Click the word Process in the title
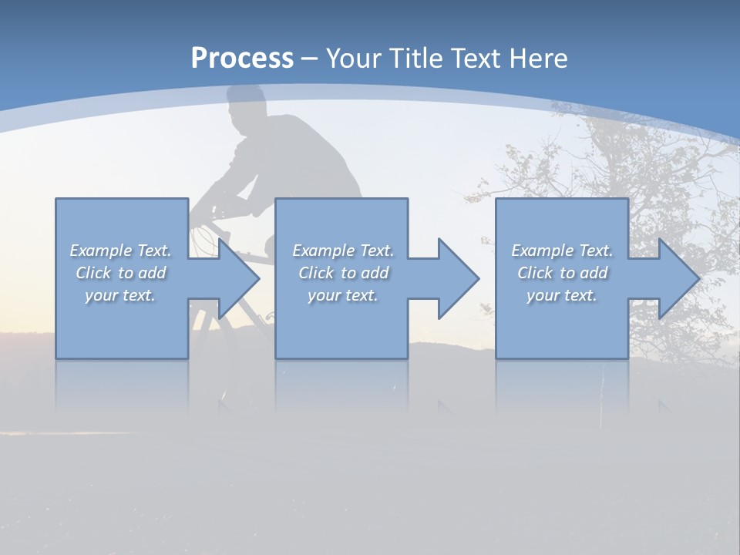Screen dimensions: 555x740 242,58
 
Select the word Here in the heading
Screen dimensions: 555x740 538,58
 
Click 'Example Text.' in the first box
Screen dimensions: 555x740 120,251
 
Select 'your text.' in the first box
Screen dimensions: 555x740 120,295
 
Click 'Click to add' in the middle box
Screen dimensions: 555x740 343,273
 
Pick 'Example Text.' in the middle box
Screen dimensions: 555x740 343,251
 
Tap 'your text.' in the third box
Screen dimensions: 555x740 562,295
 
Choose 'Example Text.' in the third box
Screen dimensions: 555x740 562,251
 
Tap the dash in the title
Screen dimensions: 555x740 310,59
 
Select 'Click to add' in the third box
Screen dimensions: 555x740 562,273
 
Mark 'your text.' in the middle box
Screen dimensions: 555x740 343,295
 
